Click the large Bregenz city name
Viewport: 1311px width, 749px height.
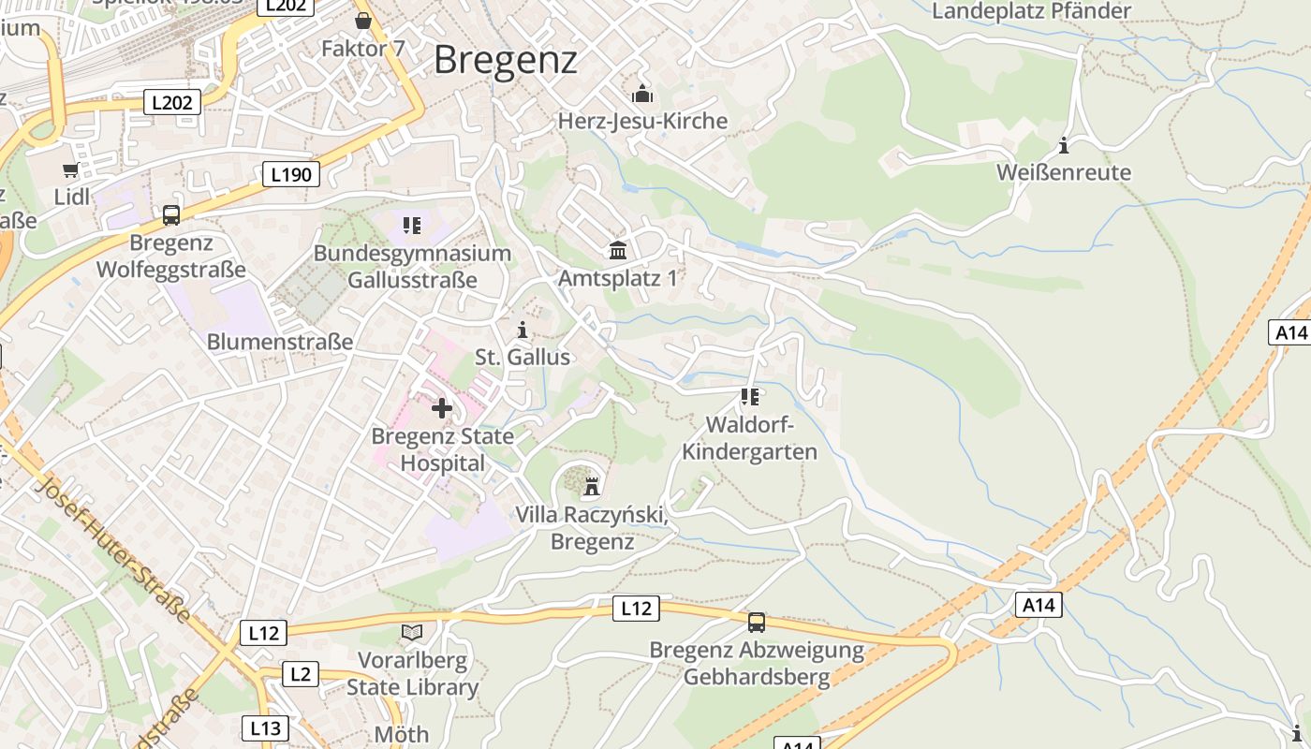tap(506, 60)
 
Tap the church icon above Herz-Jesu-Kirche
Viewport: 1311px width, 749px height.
tap(642, 94)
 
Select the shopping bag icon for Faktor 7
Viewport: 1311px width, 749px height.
tap(363, 20)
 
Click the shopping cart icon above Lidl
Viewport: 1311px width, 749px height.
tap(71, 169)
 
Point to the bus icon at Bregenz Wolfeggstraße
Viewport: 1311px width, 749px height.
tap(171, 215)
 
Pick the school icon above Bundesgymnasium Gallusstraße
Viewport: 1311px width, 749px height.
tap(412, 225)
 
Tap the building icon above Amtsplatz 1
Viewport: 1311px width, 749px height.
tap(618, 250)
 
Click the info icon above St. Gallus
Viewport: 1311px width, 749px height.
tap(523, 330)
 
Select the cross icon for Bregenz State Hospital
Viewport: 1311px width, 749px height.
tap(442, 408)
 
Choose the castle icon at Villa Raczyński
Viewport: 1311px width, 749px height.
tap(592, 487)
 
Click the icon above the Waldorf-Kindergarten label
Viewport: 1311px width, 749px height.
tap(750, 397)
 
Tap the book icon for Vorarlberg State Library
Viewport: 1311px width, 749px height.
tap(412, 633)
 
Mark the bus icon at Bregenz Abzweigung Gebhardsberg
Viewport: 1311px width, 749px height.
tap(757, 622)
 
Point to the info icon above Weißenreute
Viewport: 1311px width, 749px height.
tap(1064, 145)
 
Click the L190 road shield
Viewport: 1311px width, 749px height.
tap(291, 174)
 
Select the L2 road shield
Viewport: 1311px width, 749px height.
tap(300, 674)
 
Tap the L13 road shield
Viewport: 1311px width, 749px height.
tap(265, 728)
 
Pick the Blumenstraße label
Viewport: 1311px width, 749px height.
tap(280, 342)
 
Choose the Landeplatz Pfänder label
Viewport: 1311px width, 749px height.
tap(1032, 11)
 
